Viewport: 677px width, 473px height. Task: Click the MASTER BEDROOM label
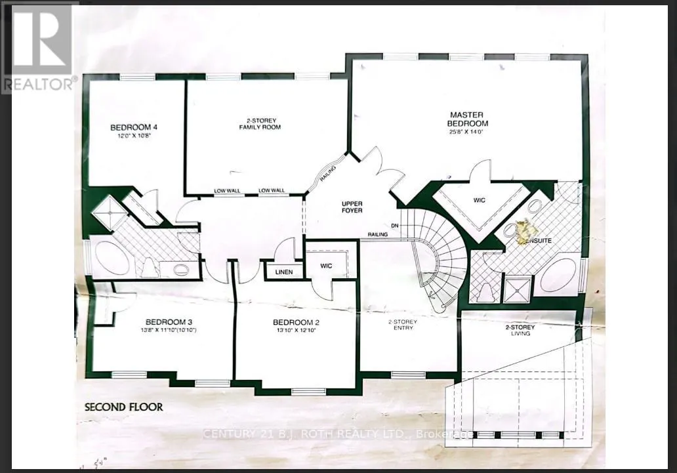(x=468, y=119)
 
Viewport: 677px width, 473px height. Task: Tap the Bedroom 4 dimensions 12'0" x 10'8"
(x=134, y=136)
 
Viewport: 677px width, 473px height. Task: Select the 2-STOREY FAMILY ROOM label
(x=259, y=123)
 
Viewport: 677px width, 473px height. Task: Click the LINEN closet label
(x=284, y=272)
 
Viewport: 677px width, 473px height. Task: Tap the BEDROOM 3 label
(x=169, y=321)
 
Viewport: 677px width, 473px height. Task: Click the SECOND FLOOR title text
(x=124, y=407)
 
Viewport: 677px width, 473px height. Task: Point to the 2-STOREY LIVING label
(x=520, y=330)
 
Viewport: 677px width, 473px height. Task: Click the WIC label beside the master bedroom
(x=480, y=200)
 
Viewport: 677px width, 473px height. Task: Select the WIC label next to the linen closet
(x=327, y=266)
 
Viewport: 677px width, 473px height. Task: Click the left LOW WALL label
(x=227, y=191)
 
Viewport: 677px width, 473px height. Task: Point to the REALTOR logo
(x=39, y=46)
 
